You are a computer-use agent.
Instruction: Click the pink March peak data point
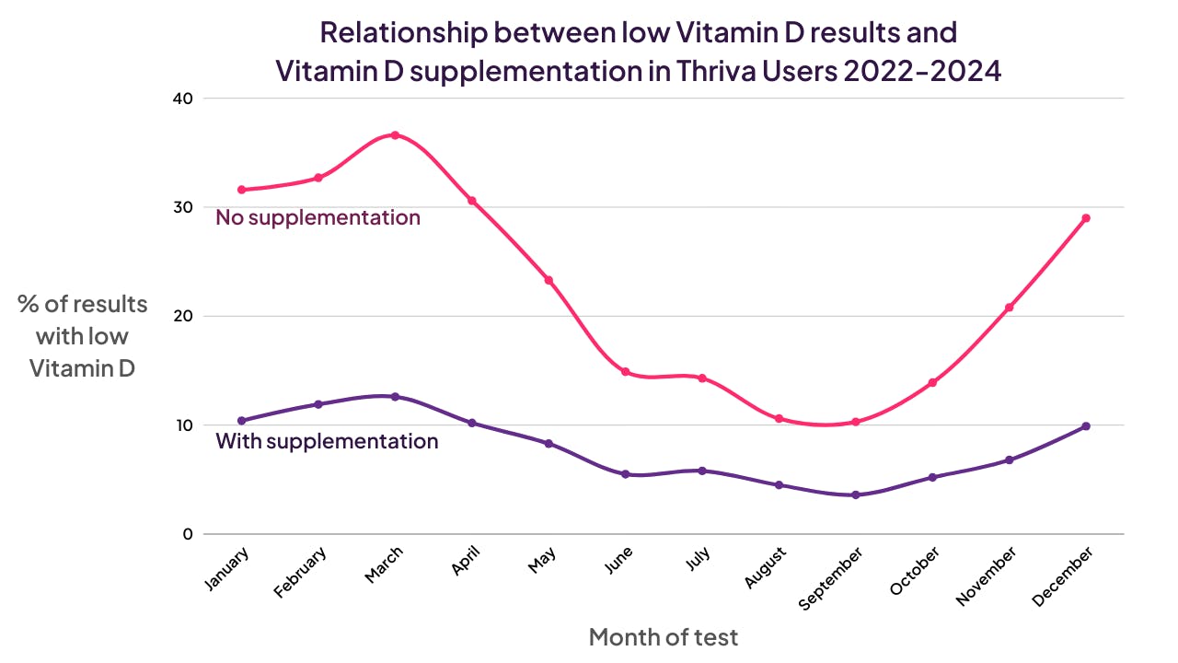395,135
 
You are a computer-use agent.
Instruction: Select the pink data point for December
1086,218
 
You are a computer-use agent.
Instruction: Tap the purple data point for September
856,494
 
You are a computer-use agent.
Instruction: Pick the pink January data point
242,190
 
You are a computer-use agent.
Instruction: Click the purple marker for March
395,397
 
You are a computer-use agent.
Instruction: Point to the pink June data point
626,372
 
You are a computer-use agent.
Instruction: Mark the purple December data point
1086,426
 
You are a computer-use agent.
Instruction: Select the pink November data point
1010,308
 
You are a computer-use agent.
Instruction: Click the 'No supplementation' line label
318,218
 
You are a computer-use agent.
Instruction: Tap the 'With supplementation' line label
327,441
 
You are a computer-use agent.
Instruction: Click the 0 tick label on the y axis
188,534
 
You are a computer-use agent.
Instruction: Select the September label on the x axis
831,577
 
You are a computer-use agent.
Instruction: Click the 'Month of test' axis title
663,636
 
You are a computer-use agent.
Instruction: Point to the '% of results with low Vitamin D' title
82,336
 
